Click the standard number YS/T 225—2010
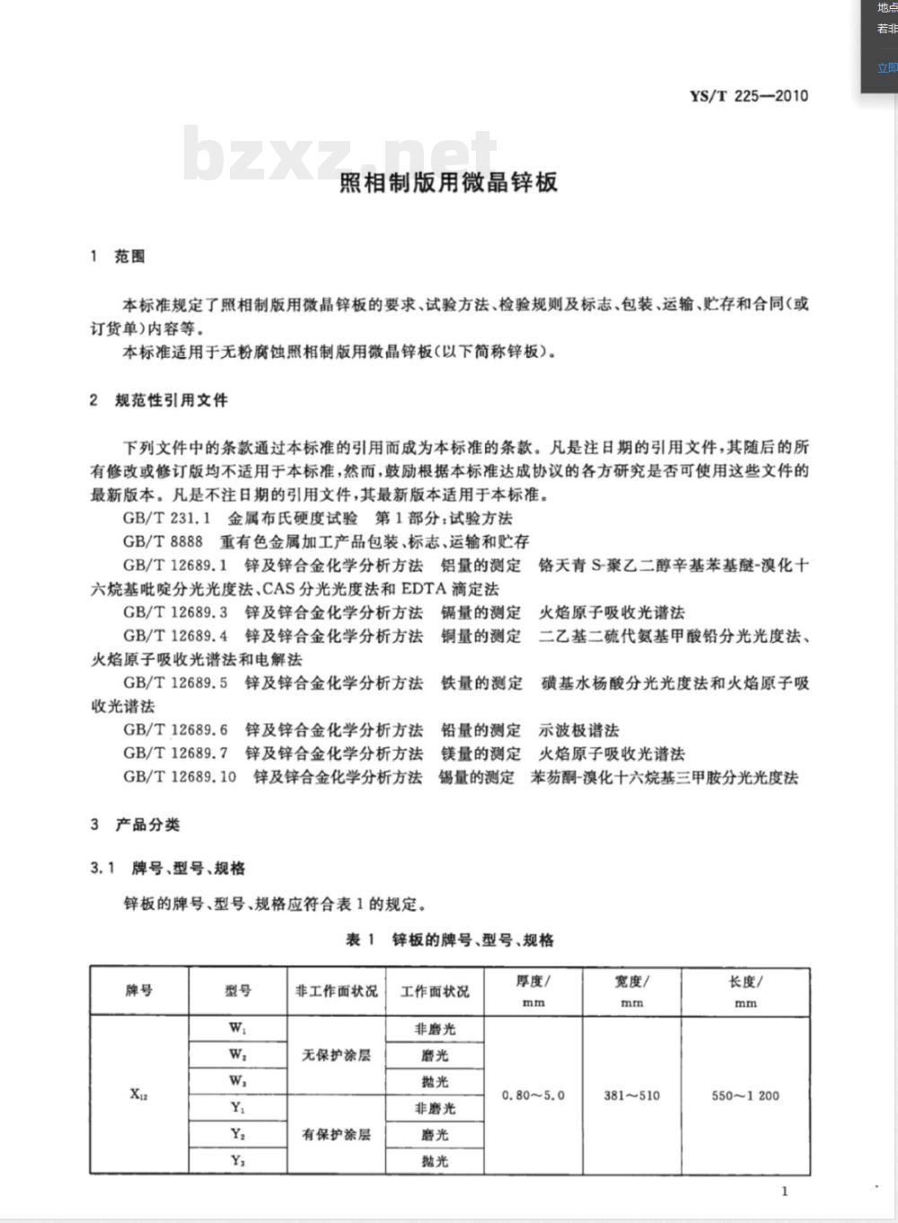[748, 96]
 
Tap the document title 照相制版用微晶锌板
[448, 182]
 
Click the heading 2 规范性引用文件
[158, 400]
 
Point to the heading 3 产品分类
[135, 824]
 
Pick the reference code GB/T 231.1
[167, 518]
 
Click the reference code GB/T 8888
[163, 541]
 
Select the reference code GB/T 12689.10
[180, 776]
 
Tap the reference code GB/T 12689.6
[176, 729]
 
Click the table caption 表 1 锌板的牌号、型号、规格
[450, 939]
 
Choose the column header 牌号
[139, 991]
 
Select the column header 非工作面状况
[336, 991]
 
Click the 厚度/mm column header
[533, 991]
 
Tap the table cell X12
[139, 1094]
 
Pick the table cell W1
[238, 1028]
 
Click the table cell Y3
[238, 1160]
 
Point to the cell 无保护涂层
[336, 1055]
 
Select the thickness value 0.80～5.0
[533, 1095]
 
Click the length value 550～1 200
[745, 1095]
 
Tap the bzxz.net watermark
[339, 154]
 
